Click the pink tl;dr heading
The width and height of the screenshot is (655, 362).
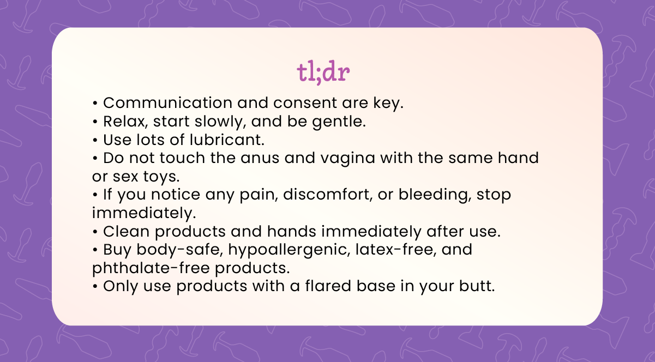[x=323, y=72]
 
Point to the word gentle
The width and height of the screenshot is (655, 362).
[x=339, y=122]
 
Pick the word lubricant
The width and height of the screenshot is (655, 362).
[x=227, y=140]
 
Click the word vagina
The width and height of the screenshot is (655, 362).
[x=347, y=159]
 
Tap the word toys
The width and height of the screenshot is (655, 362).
[x=161, y=177]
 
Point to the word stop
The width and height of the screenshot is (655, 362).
[x=494, y=195]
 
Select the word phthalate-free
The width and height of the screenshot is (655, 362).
[x=151, y=268]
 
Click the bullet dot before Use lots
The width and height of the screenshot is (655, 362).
[x=95, y=140]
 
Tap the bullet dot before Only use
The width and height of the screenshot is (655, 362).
[x=95, y=287]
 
